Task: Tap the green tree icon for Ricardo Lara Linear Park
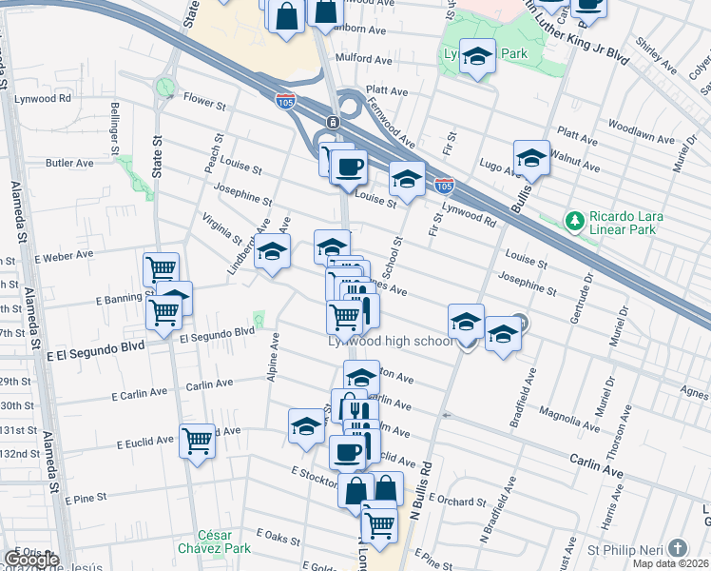tap(574, 222)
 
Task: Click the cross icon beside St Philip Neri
tap(677, 548)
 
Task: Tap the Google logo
tap(30, 560)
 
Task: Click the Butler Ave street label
tap(69, 163)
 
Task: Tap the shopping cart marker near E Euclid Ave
tap(197, 441)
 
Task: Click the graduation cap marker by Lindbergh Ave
tap(273, 252)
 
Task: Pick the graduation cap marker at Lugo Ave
tap(531, 158)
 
